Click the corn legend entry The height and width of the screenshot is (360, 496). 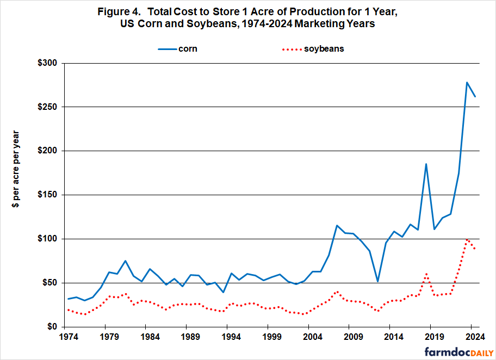pyautogui.click(x=177, y=48)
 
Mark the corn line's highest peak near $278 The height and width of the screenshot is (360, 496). pyautogui.click(x=467, y=83)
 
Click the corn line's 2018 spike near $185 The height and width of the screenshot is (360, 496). pyautogui.click(x=426, y=164)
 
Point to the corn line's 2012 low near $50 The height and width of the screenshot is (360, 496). pyautogui.click(x=377, y=281)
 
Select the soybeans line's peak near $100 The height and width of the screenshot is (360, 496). pyautogui.click(x=467, y=239)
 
